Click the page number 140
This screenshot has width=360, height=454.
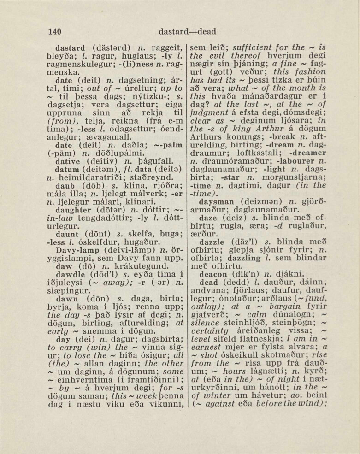pos(55,32)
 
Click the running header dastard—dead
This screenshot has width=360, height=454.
pos(187,32)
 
